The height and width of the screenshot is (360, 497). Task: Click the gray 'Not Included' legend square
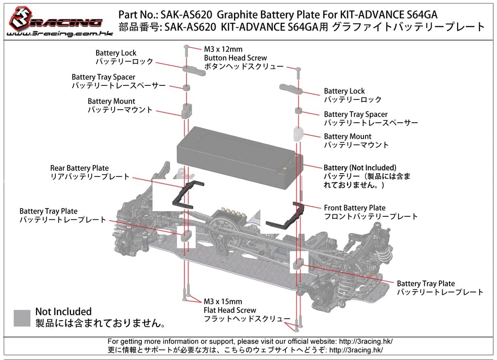(22, 318)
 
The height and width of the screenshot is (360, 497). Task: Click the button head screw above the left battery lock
(186, 49)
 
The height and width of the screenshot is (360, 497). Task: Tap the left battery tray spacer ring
(186, 88)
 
